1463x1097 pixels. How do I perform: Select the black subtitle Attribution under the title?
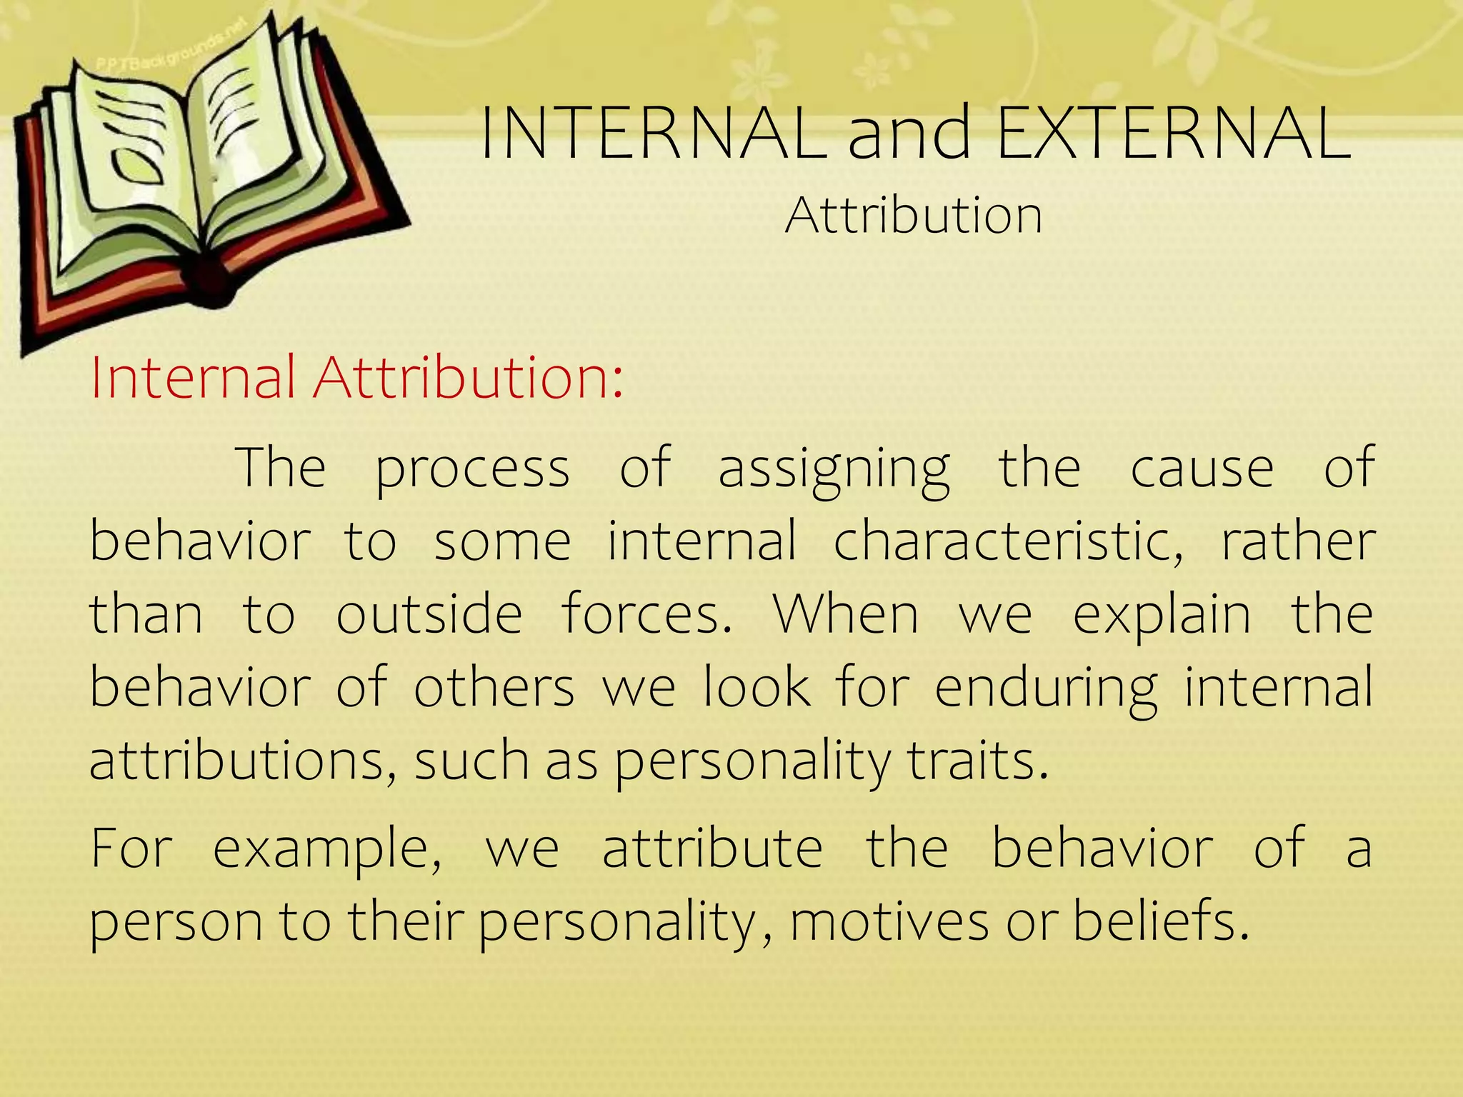coord(914,215)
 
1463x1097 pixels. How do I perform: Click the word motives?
coord(889,922)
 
